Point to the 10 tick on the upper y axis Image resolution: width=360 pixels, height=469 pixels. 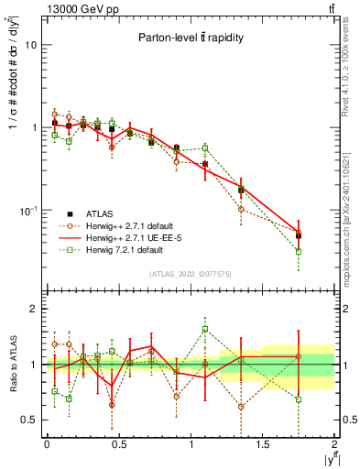click(x=31, y=45)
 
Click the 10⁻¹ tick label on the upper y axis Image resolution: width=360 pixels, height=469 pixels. click(x=29, y=211)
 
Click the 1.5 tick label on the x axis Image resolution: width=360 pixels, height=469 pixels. click(x=263, y=444)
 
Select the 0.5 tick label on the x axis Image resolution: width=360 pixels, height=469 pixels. click(x=119, y=444)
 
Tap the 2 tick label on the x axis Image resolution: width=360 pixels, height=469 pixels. click(x=335, y=444)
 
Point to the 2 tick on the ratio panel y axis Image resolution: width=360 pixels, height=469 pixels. click(x=35, y=310)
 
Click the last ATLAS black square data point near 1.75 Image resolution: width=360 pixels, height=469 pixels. click(x=299, y=235)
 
